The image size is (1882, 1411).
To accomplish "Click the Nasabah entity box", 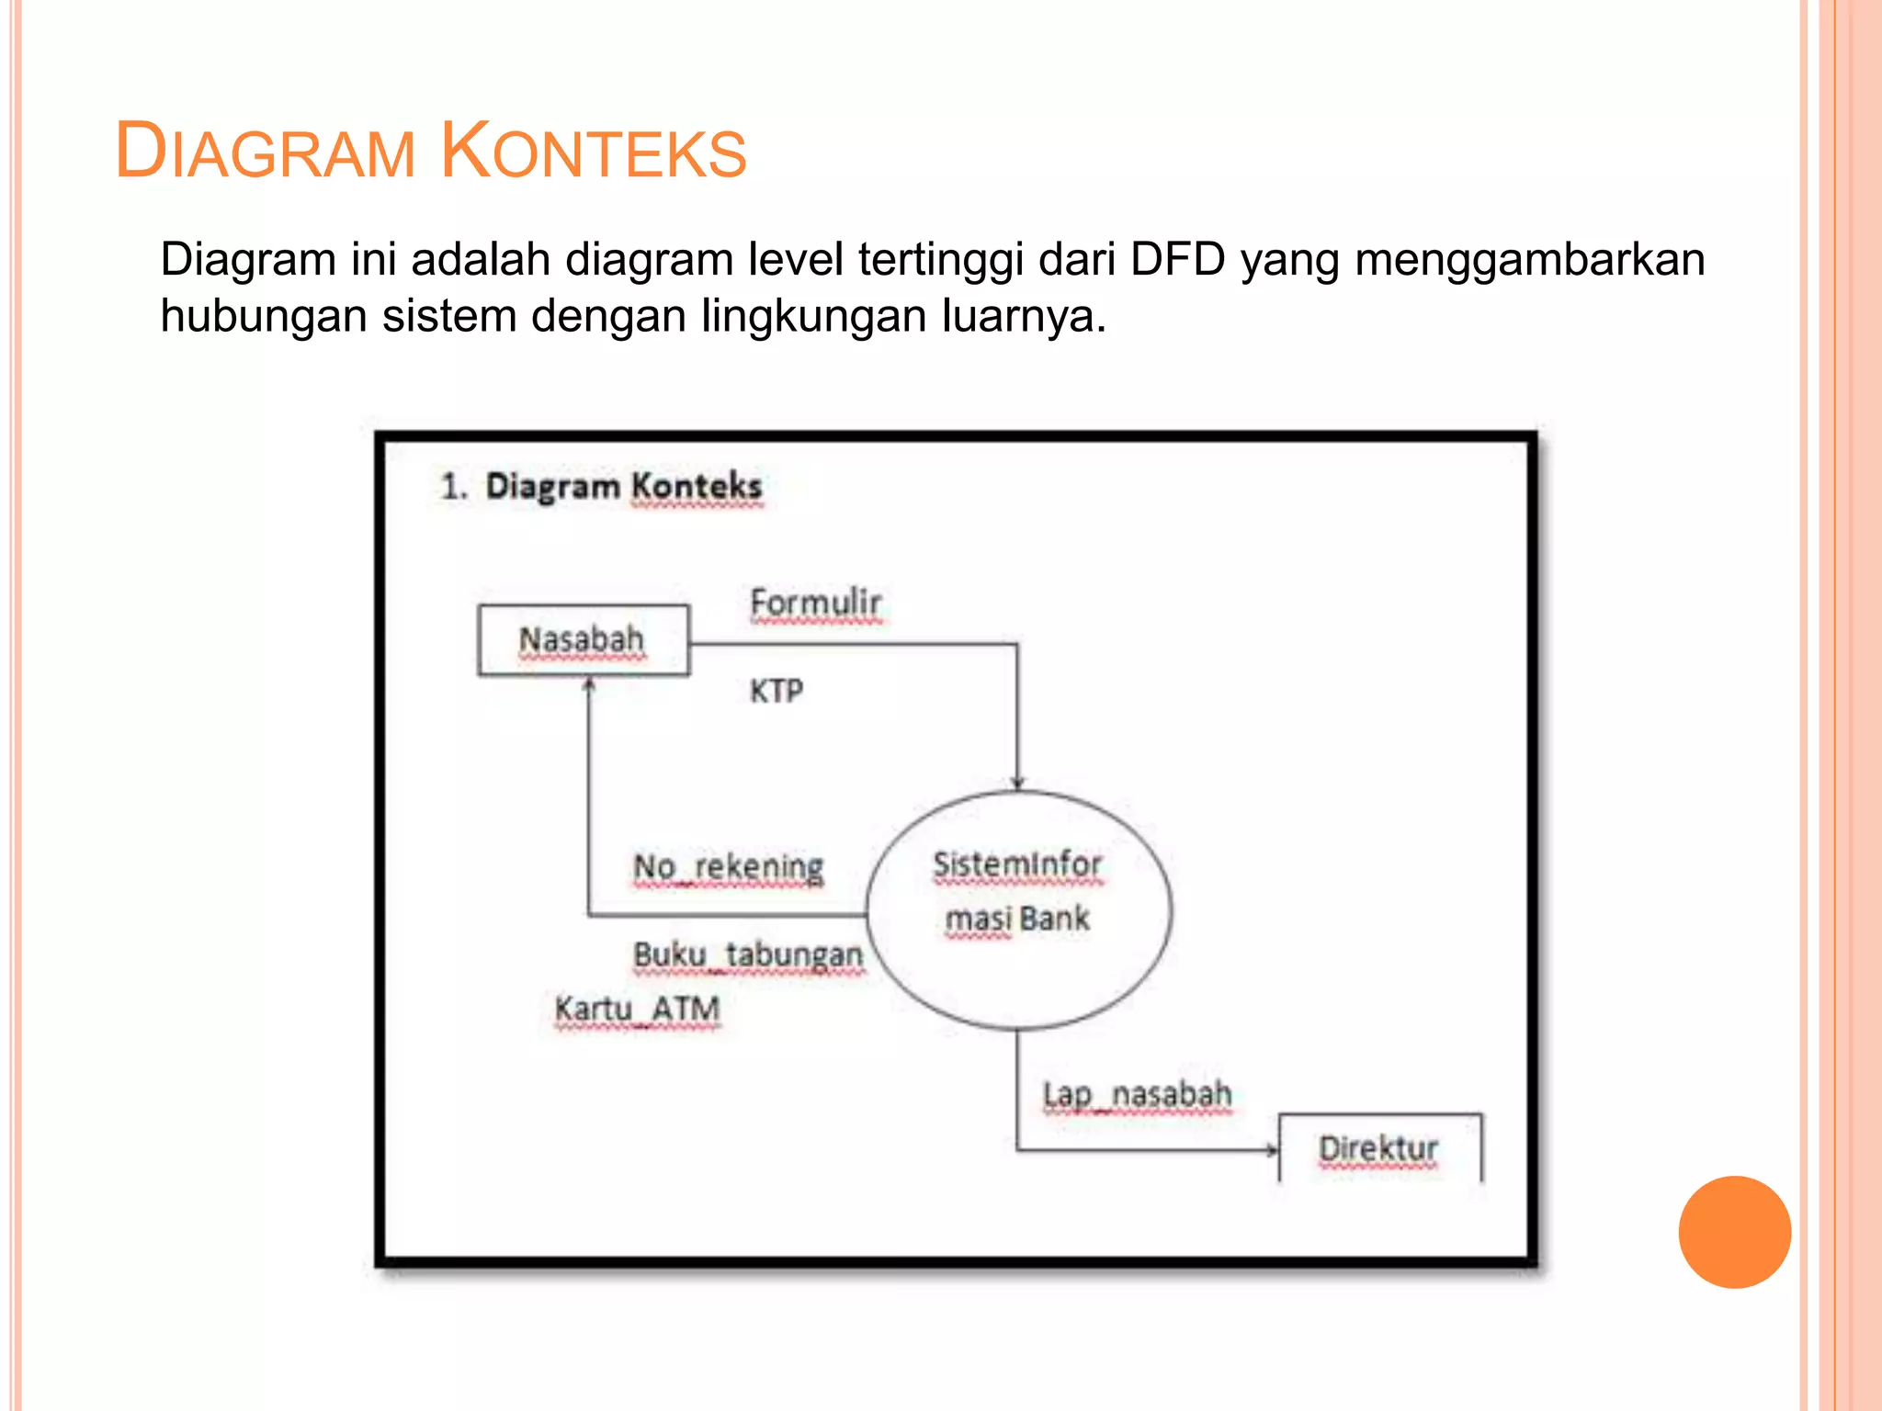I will (x=583, y=640).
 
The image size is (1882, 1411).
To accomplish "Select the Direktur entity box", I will (x=1378, y=1148).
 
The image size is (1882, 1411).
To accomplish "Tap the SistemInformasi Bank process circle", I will (x=1018, y=909).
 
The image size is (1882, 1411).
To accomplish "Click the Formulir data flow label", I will (x=815, y=604).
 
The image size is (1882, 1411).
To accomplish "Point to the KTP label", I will (x=777, y=691).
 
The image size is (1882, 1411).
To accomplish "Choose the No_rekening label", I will (x=729, y=866).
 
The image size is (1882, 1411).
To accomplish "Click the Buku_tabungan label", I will (x=748, y=955).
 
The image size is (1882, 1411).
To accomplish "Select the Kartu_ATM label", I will (x=637, y=1009).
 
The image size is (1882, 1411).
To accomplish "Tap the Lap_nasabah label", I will (x=1137, y=1095).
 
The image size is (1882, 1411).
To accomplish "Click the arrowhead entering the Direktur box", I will (x=1272, y=1149).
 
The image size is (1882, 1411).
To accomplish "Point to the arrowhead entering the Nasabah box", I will (x=589, y=684).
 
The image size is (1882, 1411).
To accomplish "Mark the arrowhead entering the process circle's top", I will (x=1017, y=783).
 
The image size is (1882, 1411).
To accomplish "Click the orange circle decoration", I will (x=1734, y=1232).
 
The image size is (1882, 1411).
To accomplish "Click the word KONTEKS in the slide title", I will (x=594, y=152).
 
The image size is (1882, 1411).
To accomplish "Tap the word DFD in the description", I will (x=1177, y=259).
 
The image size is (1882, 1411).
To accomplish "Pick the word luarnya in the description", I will (x=1024, y=316).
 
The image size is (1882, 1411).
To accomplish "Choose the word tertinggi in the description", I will (x=940, y=259).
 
